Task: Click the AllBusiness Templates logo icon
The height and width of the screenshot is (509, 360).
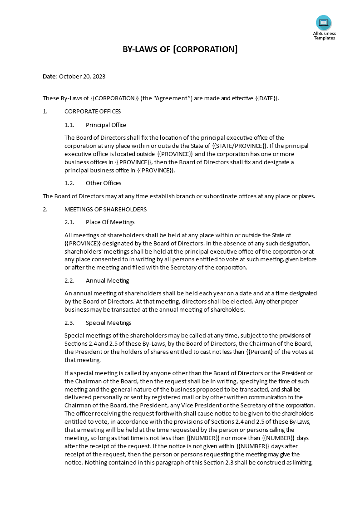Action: [x=324, y=23]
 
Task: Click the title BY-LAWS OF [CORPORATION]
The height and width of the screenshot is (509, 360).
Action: [x=180, y=49]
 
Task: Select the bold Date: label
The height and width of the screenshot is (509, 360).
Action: [x=50, y=76]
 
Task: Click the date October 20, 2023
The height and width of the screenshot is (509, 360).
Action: [x=82, y=76]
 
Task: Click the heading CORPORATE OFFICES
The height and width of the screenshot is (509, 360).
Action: [x=93, y=112]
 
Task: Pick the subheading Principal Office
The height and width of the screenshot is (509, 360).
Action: [x=106, y=125]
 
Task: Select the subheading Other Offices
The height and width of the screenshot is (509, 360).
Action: [x=104, y=183]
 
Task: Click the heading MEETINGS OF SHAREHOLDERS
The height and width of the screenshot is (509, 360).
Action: [x=105, y=209]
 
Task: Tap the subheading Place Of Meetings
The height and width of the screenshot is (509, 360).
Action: [x=110, y=222]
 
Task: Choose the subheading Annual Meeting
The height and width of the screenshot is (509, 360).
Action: [x=107, y=280]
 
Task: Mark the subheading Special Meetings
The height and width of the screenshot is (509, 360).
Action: [x=108, y=323]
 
